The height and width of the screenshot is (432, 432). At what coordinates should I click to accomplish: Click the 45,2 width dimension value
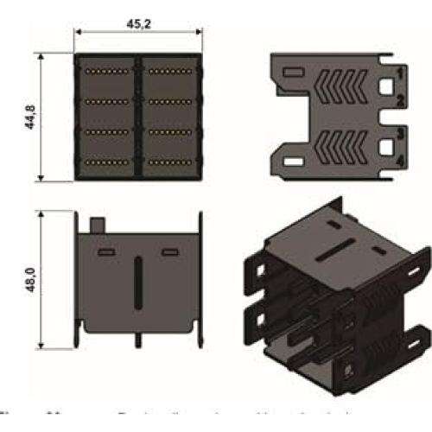click(138, 24)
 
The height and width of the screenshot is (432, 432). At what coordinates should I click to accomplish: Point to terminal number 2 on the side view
click(400, 101)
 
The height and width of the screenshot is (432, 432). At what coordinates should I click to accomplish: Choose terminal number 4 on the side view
click(400, 162)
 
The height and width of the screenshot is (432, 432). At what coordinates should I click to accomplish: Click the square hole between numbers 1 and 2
click(386, 86)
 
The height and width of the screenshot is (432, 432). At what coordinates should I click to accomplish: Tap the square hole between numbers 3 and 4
click(386, 147)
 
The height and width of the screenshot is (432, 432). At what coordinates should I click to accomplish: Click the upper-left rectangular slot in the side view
click(294, 72)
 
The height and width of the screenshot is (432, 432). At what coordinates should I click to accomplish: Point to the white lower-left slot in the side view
click(294, 162)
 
